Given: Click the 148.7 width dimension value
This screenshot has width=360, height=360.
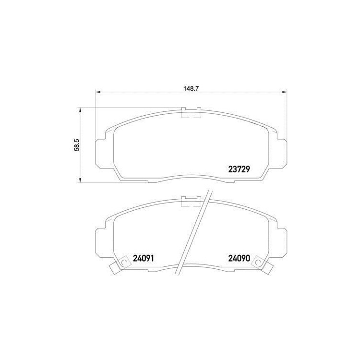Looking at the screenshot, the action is click(191, 89).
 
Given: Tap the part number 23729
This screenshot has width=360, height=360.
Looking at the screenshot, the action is click(239, 169).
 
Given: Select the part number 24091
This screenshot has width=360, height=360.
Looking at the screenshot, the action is click(143, 258).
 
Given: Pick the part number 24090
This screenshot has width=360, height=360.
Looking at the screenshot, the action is click(239, 258).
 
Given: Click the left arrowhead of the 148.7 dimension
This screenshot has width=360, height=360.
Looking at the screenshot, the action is click(98, 92).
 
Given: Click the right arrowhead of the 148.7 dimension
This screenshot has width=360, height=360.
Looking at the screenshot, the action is click(284, 92).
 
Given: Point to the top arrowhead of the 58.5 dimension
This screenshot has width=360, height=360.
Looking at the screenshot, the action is click(80, 111).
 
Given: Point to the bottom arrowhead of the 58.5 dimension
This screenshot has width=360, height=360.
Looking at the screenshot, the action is click(80, 180).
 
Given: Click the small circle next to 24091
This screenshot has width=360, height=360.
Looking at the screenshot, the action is click(124, 262).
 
